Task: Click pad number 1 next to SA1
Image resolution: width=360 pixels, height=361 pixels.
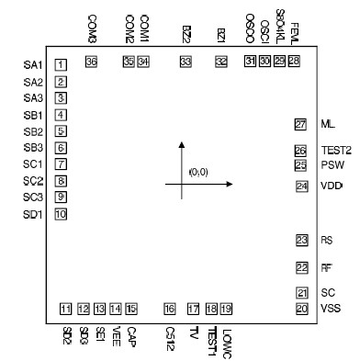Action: pos(61,64)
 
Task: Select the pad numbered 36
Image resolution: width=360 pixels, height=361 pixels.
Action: pos(91,62)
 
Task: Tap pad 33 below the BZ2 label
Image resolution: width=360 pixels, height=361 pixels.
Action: pos(186,62)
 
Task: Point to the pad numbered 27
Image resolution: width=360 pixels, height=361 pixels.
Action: pos(300,125)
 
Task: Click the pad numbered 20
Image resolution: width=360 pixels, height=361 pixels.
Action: pos(300,308)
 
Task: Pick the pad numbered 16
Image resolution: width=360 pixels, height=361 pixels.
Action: pos(169,308)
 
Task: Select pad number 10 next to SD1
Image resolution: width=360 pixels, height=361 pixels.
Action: pos(61,214)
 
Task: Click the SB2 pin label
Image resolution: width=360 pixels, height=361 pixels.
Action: pos(33,131)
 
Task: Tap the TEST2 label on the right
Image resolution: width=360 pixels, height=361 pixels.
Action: pos(332,151)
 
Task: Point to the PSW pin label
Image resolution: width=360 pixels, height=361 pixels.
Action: pos(332,165)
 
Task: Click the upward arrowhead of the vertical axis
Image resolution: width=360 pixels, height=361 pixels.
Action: pos(182,145)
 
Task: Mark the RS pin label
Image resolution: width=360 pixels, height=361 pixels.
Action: pos(326,241)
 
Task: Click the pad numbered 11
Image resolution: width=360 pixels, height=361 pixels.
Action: pos(65,308)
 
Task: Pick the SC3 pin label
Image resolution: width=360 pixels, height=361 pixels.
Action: pos(33,197)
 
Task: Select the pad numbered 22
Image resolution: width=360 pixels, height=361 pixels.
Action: pos(301,268)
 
